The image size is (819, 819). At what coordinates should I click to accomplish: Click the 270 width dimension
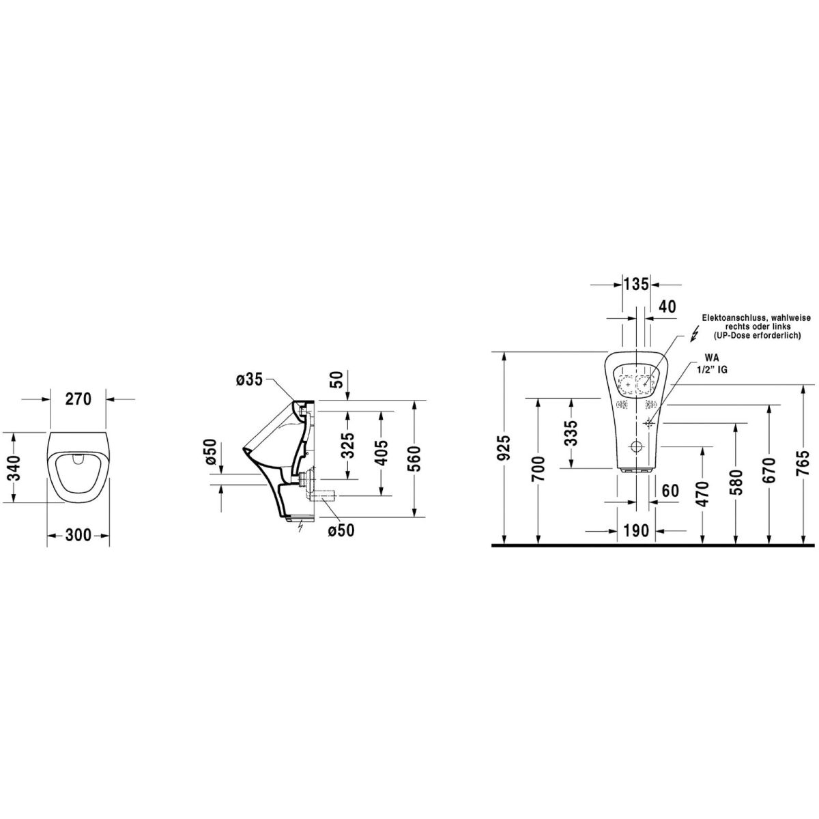[x=78, y=399]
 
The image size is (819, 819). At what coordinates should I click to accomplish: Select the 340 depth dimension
[x=15, y=468]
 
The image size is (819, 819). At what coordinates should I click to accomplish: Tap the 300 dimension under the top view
[x=78, y=535]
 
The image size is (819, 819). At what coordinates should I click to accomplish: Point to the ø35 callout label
[x=250, y=379]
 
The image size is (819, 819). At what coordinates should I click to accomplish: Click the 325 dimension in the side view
[x=348, y=445]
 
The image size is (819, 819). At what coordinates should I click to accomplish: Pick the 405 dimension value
[x=382, y=452]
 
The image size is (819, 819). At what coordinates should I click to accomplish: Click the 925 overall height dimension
[x=504, y=448]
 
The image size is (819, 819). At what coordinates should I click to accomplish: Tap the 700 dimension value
[x=538, y=469]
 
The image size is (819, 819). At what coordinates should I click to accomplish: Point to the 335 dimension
[x=573, y=433]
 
